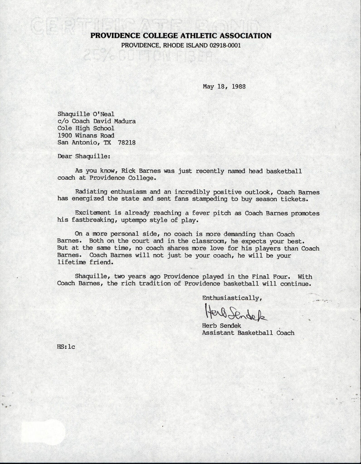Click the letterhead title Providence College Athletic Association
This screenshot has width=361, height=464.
point(181,35)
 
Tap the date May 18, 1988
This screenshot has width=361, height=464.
point(224,86)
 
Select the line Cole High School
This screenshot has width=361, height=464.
point(86,128)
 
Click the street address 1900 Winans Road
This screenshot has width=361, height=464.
point(86,135)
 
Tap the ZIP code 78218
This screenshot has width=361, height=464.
point(127,142)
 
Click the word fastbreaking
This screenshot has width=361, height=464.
point(91,220)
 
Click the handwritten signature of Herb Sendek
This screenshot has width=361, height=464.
point(236,313)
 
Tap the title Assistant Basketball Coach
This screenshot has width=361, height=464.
point(248,333)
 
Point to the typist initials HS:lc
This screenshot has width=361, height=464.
point(66,347)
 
